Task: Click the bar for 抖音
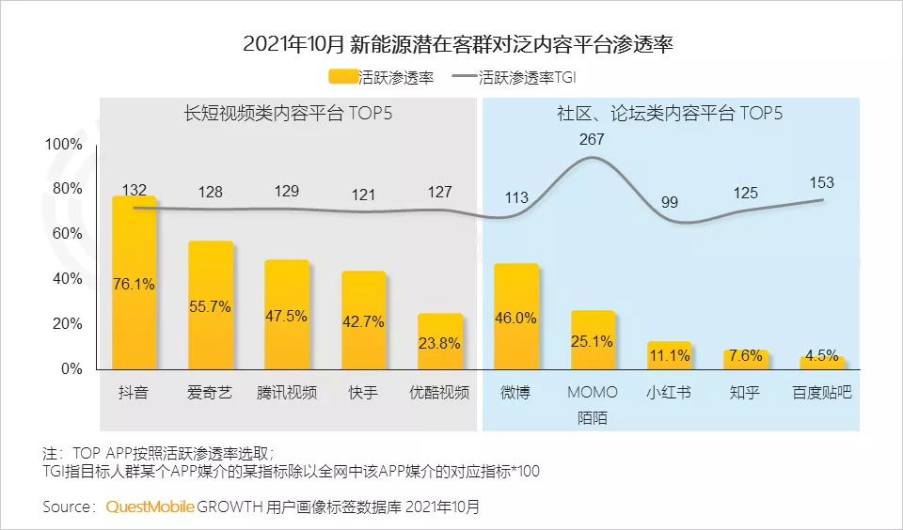click(x=134, y=282)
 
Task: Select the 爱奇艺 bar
click(x=210, y=305)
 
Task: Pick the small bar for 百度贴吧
click(x=823, y=363)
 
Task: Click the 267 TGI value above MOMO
click(x=593, y=140)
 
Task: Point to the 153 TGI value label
click(x=822, y=182)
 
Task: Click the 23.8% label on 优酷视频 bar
click(x=440, y=344)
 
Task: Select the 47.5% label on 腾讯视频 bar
click(x=287, y=316)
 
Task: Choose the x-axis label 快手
click(x=363, y=393)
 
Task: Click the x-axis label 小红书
click(x=670, y=393)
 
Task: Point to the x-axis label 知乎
click(x=746, y=393)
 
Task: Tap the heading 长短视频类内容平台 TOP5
click(x=289, y=115)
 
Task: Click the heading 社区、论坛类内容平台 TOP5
click(x=669, y=115)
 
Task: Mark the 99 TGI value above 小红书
click(x=670, y=203)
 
